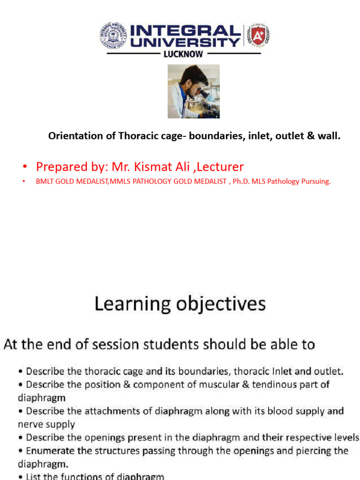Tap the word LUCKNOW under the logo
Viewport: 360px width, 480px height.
coord(183,54)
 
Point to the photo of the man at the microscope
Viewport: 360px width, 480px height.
coord(194,91)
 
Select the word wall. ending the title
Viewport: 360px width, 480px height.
coord(329,136)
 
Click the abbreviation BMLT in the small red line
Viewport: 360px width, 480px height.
coord(45,182)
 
